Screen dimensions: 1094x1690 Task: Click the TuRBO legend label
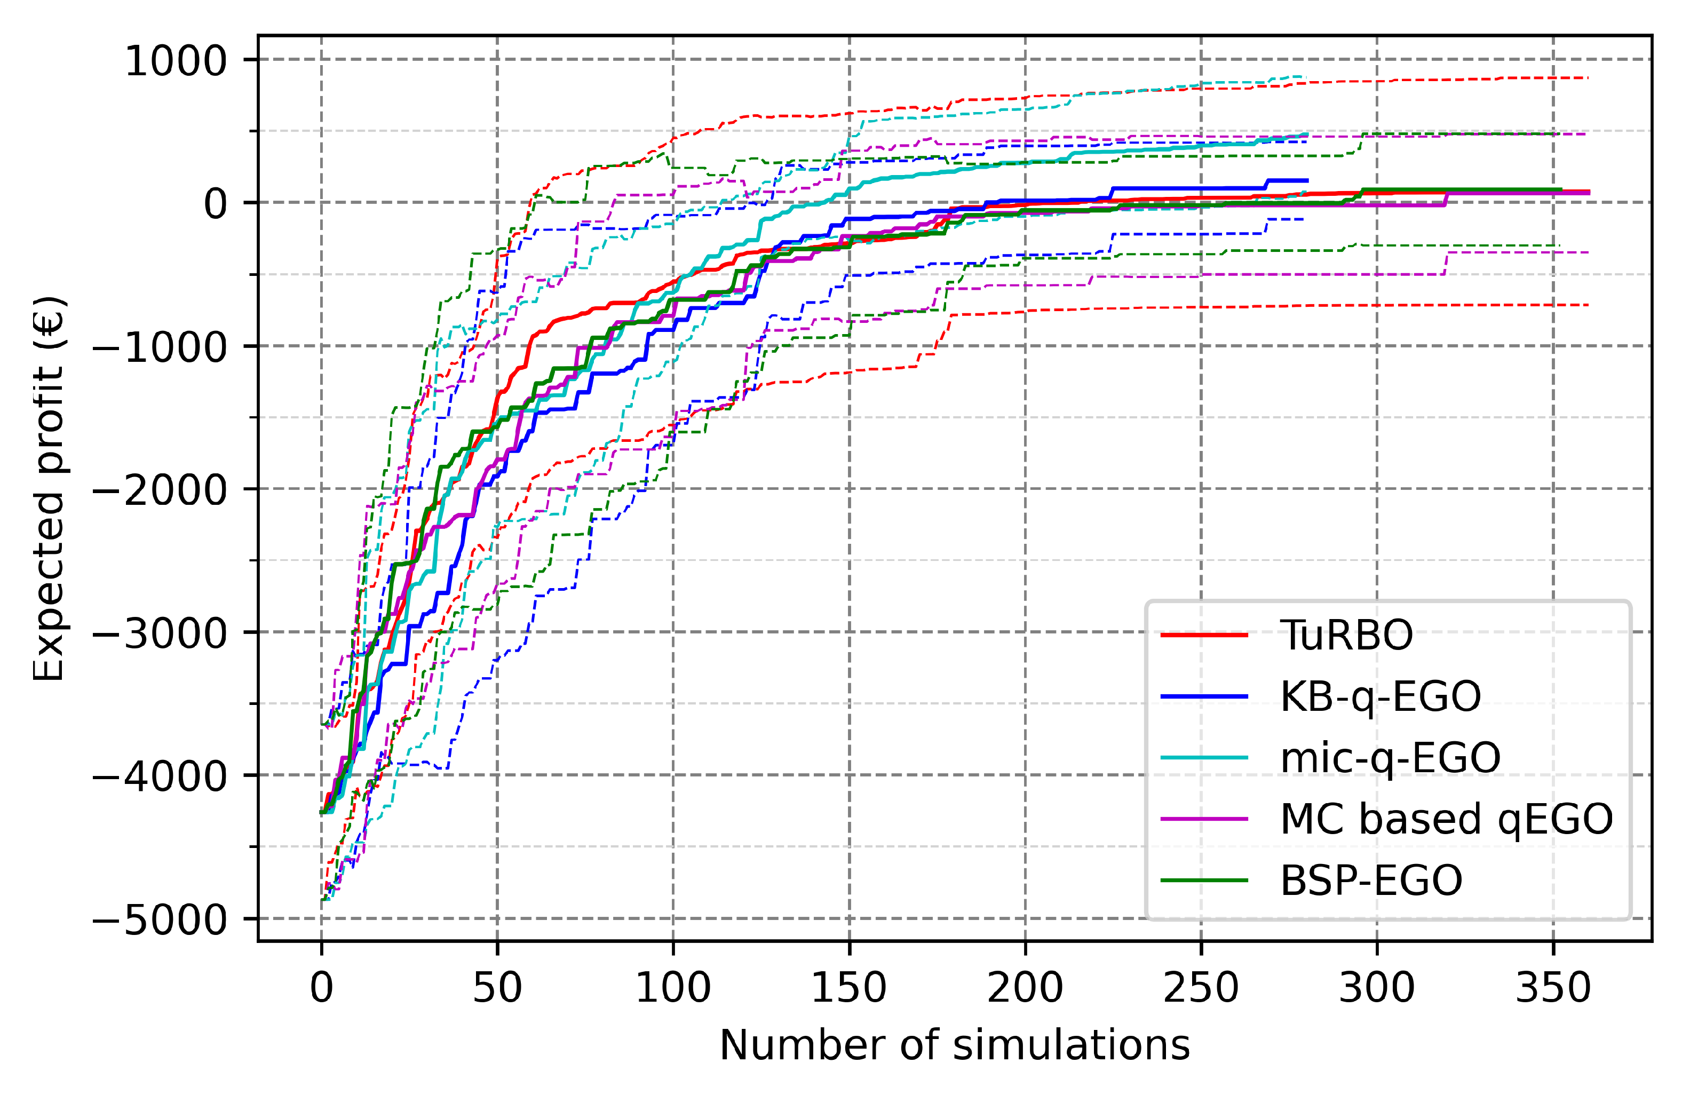1346,635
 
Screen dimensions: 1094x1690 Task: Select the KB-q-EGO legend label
1379,696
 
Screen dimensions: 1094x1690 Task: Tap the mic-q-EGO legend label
1390,757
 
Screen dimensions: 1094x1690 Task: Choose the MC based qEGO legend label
1446,819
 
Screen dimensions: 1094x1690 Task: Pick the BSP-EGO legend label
1370,881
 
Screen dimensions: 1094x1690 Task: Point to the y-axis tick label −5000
160,920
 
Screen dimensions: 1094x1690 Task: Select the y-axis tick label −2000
160,490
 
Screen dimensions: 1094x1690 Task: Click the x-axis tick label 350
1553,987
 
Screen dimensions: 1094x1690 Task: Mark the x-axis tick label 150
848,987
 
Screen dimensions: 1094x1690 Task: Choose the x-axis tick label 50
497,987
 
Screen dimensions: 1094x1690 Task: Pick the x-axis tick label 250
1201,987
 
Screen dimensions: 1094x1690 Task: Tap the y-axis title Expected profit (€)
50,488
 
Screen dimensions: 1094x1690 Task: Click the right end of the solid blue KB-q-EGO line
1306,180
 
